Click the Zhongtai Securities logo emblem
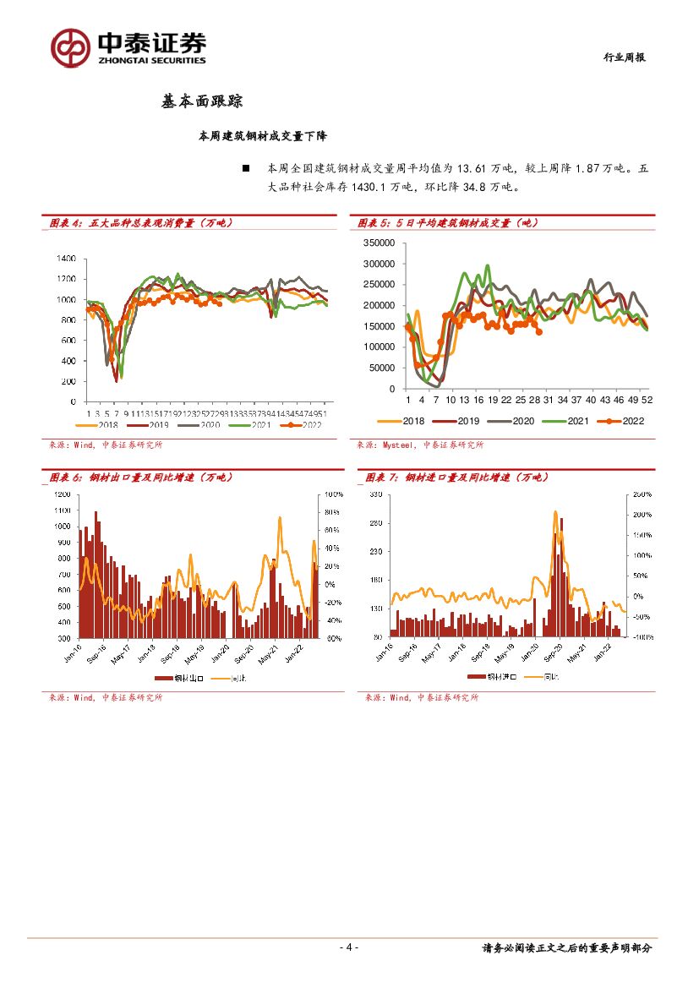pos(70,47)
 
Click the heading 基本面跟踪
pos(202,101)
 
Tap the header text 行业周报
pos(625,57)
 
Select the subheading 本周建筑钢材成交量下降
pos(268,135)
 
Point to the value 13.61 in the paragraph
pos(463,169)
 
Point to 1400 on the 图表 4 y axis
pos(67,259)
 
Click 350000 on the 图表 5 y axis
pos(380,243)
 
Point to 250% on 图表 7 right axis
pos(642,494)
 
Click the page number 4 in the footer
pos(349,947)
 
